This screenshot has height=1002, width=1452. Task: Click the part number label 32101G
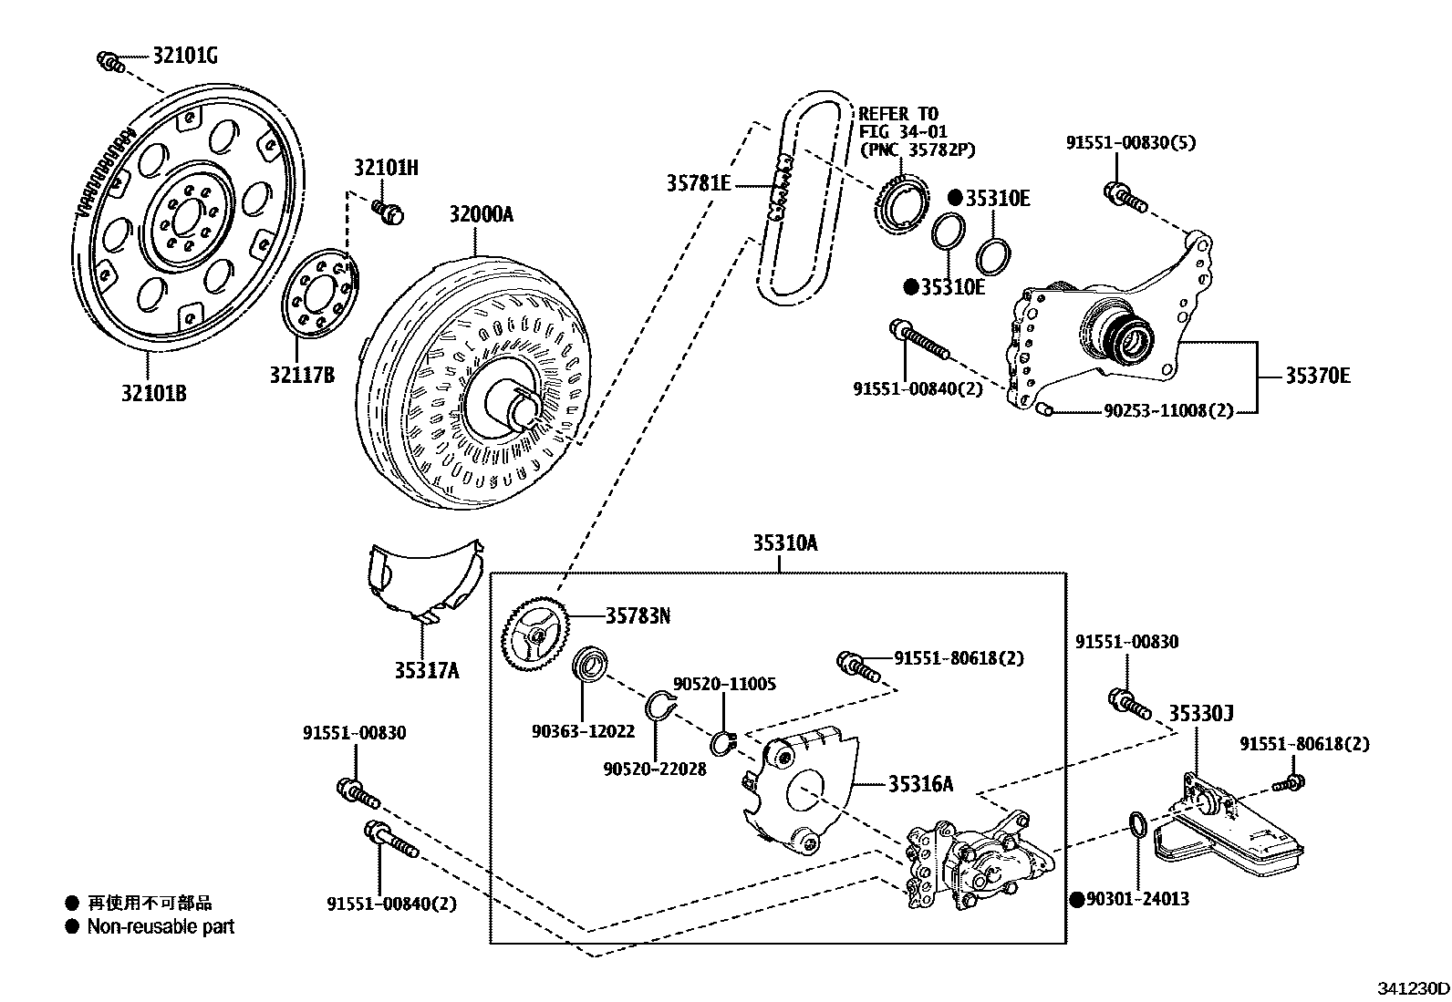184,57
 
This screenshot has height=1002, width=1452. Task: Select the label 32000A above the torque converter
481,214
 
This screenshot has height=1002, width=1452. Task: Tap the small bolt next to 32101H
389,212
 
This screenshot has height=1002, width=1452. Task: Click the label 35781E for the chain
698,183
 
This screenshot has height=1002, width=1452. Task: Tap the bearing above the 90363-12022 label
590,663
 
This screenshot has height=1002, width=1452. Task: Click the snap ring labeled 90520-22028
659,707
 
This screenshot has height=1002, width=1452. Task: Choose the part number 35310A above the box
784,544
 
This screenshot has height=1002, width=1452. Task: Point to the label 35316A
922,783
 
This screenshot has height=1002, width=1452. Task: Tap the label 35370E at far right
1317,376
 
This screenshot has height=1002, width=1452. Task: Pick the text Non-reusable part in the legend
161,926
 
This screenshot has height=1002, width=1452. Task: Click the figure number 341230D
1413,988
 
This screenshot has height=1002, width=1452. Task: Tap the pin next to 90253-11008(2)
1045,410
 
